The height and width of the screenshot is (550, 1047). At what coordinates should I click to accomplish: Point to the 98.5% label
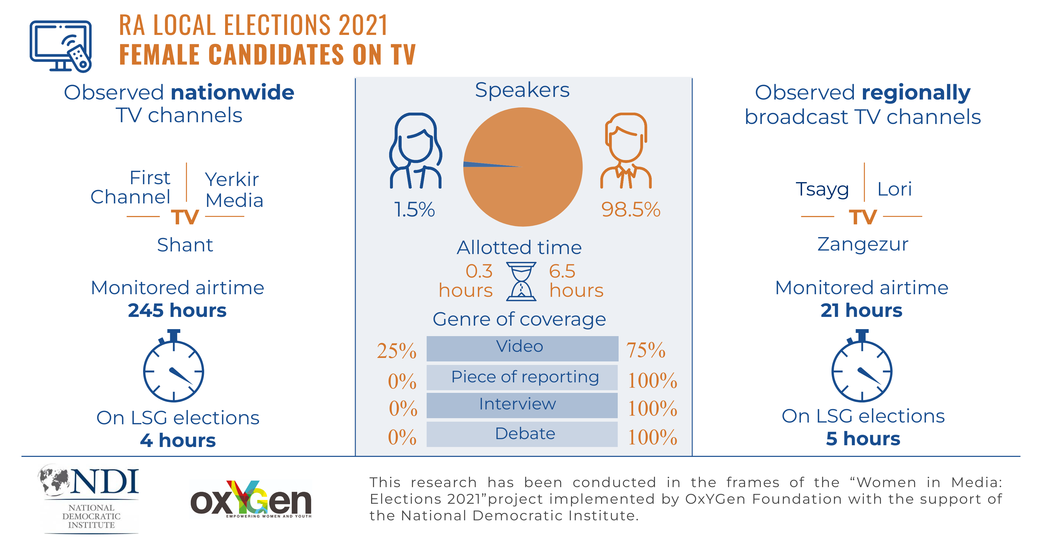point(631,210)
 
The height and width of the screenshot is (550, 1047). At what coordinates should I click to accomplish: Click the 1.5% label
point(414,210)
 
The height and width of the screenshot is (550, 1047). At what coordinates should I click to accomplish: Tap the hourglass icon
point(521,281)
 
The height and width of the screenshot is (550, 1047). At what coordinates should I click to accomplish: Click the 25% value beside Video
point(396,351)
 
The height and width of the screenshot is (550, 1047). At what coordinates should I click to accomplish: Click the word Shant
point(185,245)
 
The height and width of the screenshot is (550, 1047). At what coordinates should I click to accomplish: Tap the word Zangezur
point(863,244)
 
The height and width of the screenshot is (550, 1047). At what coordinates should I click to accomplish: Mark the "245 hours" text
point(177,311)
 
